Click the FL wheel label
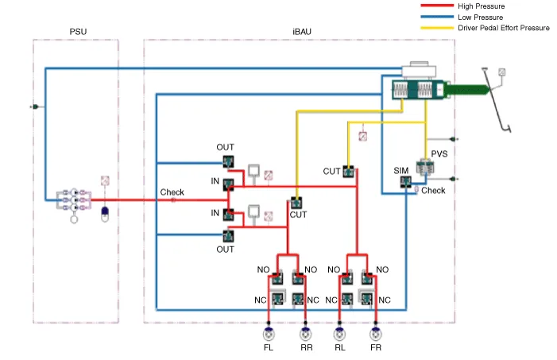[268, 347]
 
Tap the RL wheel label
[340, 347]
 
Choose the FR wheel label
[376, 347]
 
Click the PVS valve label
[439, 154]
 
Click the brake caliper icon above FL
[268, 332]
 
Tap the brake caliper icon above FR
[376, 332]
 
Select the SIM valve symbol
[405, 183]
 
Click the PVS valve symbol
[426, 166]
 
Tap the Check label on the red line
[172, 192]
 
